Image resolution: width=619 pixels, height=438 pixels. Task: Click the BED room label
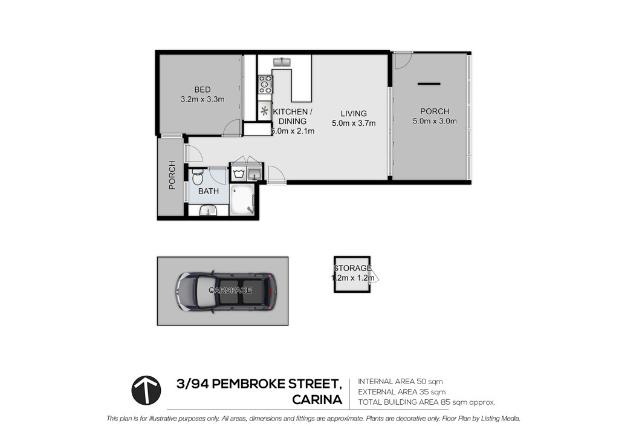tap(202, 90)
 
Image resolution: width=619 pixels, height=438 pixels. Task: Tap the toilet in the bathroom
tap(198, 177)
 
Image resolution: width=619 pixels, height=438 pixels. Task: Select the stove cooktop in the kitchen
tap(265, 84)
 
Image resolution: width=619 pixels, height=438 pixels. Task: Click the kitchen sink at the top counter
tap(282, 62)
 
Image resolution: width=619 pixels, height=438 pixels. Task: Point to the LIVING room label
tap(354, 114)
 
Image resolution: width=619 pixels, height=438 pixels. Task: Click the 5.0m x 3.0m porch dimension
tap(435, 121)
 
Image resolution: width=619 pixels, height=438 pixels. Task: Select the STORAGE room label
tap(352, 269)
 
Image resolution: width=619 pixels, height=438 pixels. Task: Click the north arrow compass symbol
tap(146, 390)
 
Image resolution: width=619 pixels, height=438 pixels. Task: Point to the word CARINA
tap(317, 400)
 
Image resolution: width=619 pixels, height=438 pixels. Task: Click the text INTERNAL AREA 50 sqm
tap(400, 382)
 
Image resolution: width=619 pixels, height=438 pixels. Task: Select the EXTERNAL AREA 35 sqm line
tap(402, 392)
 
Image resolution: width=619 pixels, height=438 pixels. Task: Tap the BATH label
tap(209, 191)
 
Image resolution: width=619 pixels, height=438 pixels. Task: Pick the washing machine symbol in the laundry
tap(238, 173)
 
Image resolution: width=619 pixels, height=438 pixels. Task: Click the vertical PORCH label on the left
tap(172, 175)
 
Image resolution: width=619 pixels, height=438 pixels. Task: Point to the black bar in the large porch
tap(429, 83)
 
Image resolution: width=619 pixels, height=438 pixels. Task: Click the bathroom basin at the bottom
tap(208, 211)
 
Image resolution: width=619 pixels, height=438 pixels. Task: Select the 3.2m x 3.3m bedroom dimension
tap(203, 100)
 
